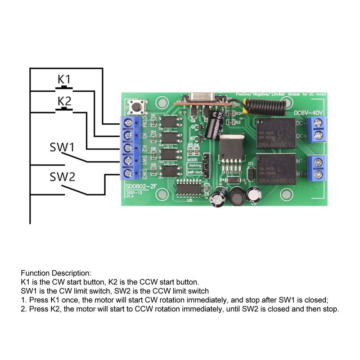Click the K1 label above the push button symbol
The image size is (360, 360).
pos(64,79)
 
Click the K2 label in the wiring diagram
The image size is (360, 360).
pos(64,100)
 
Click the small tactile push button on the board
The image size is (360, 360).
pos(135,107)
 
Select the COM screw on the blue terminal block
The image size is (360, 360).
pos(130,122)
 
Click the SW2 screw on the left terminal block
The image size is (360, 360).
pos(130,173)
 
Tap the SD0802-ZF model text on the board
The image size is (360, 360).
pos(140,185)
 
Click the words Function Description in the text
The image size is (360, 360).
pos(56,273)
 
